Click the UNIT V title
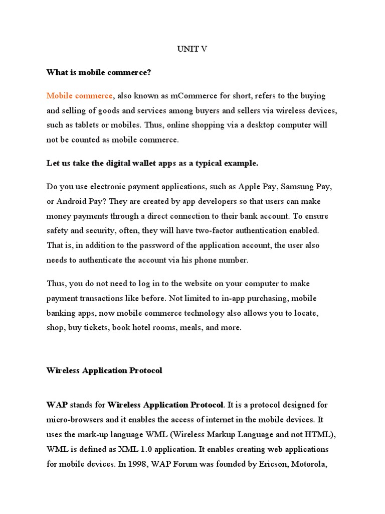point(192,49)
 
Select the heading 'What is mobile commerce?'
point(99,73)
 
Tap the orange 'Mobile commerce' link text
point(80,96)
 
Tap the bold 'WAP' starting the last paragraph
point(57,405)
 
